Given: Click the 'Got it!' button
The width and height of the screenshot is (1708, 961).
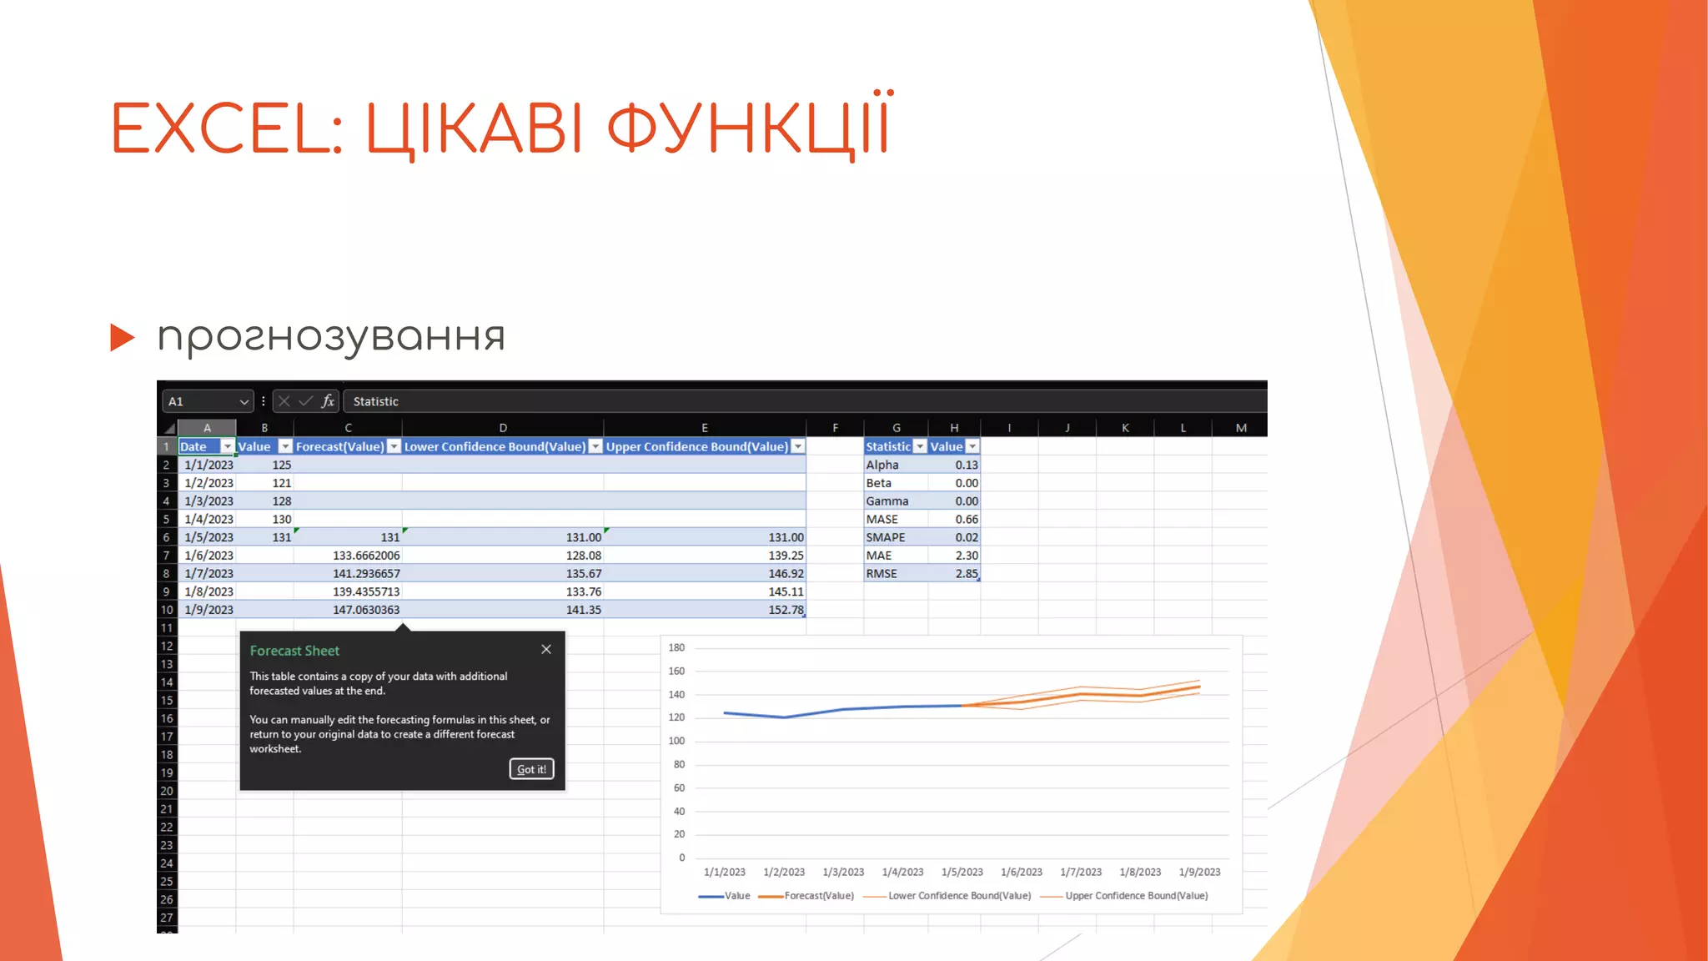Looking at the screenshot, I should click(x=531, y=769).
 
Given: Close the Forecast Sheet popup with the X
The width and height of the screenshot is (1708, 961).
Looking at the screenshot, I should click(x=546, y=650).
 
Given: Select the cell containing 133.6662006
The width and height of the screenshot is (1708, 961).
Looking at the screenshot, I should click(x=366, y=556).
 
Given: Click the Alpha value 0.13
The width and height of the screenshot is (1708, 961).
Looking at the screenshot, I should click(x=966, y=465).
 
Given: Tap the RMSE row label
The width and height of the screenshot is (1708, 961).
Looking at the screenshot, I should click(x=882, y=574).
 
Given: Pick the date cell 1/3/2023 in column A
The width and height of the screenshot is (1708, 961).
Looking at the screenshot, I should click(x=208, y=501).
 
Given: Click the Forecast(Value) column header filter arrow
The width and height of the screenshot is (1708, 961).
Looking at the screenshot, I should click(x=394, y=447).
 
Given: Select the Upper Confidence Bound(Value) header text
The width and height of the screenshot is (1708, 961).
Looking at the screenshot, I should click(x=696, y=447).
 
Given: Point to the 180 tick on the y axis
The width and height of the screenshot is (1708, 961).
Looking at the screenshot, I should click(x=676, y=647).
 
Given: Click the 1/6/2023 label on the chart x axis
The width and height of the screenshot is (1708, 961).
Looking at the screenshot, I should click(x=1022, y=873).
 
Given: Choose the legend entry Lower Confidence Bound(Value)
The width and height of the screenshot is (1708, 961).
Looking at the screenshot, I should click(x=959, y=896).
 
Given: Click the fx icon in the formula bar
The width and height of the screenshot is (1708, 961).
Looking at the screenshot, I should click(x=328, y=401).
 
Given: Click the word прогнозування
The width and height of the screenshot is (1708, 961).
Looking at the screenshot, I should click(x=331, y=337).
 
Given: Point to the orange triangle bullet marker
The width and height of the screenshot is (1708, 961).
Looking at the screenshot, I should click(x=122, y=337).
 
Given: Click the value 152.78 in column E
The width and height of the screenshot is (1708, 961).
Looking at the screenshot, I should click(x=786, y=610).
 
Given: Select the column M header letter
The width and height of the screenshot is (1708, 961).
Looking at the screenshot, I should click(x=1241, y=428).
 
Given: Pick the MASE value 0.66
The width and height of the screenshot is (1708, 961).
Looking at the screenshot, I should click(x=966, y=519).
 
